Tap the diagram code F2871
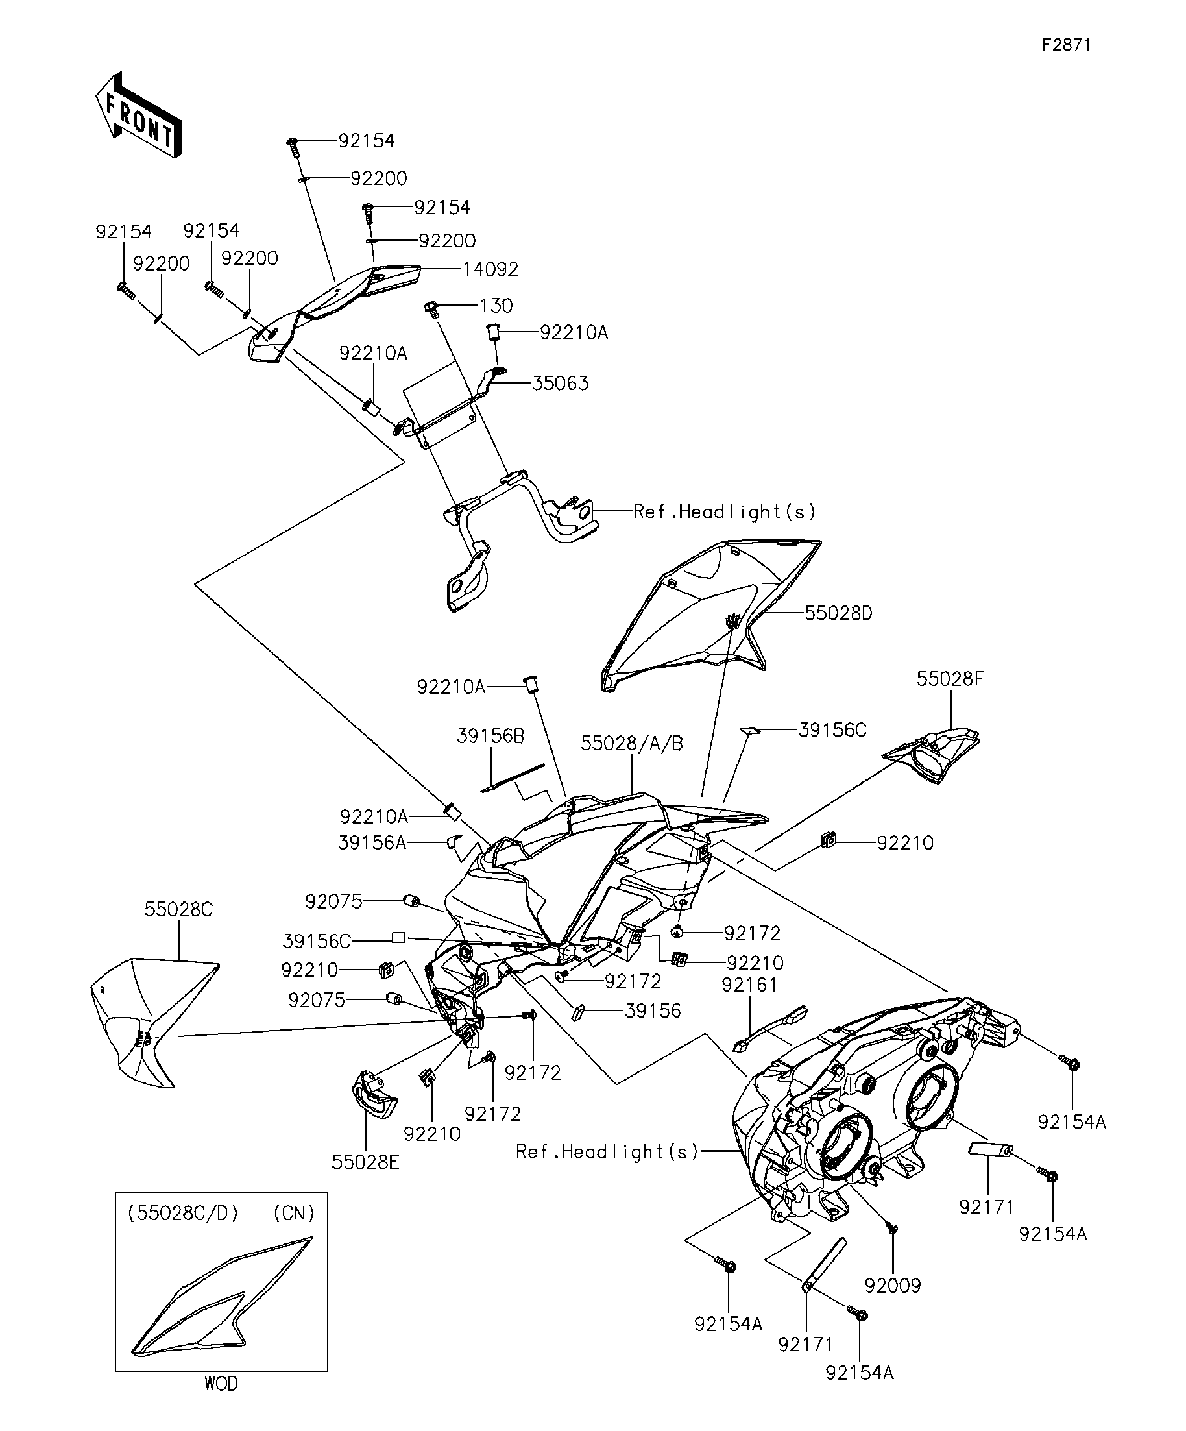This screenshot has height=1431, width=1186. click(x=1066, y=45)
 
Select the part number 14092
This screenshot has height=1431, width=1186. click(x=490, y=270)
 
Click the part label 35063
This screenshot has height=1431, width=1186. click(x=560, y=384)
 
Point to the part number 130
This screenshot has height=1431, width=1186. click(x=496, y=305)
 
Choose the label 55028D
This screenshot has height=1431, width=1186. click(x=838, y=613)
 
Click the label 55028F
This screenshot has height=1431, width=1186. click(x=950, y=679)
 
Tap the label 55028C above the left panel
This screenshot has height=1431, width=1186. click(x=178, y=909)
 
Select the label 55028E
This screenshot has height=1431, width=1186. click(x=366, y=1162)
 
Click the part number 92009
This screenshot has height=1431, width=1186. click(x=892, y=1286)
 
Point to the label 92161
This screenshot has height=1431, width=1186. click(x=749, y=985)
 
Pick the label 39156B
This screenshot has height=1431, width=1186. click(x=490, y=736)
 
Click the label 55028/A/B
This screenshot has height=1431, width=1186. click(x=631, y=744)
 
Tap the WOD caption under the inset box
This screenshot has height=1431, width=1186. click(x=221, y=1384)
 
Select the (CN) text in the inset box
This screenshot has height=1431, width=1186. click(x=294, y=1212)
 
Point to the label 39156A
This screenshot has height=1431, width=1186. click(x=372, y=843)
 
